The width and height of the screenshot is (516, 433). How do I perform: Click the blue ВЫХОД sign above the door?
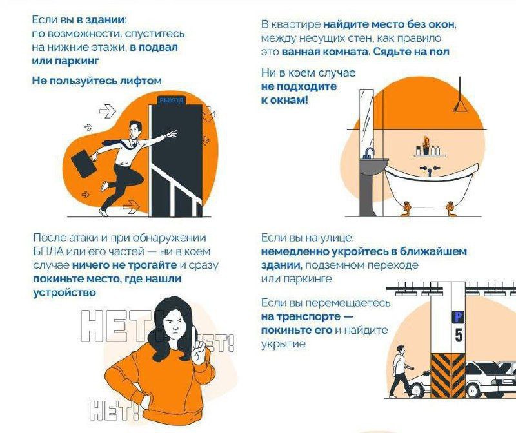tap(171, 100)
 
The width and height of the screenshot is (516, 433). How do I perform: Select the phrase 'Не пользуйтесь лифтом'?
tap(97, 81)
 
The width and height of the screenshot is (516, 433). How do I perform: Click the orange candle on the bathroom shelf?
tap(425, 142)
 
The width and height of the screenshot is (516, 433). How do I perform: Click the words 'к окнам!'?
tap(284, 101)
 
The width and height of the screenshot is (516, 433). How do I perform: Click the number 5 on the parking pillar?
tap(459, 334)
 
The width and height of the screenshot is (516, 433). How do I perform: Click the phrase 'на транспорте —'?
tap(299, 316)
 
